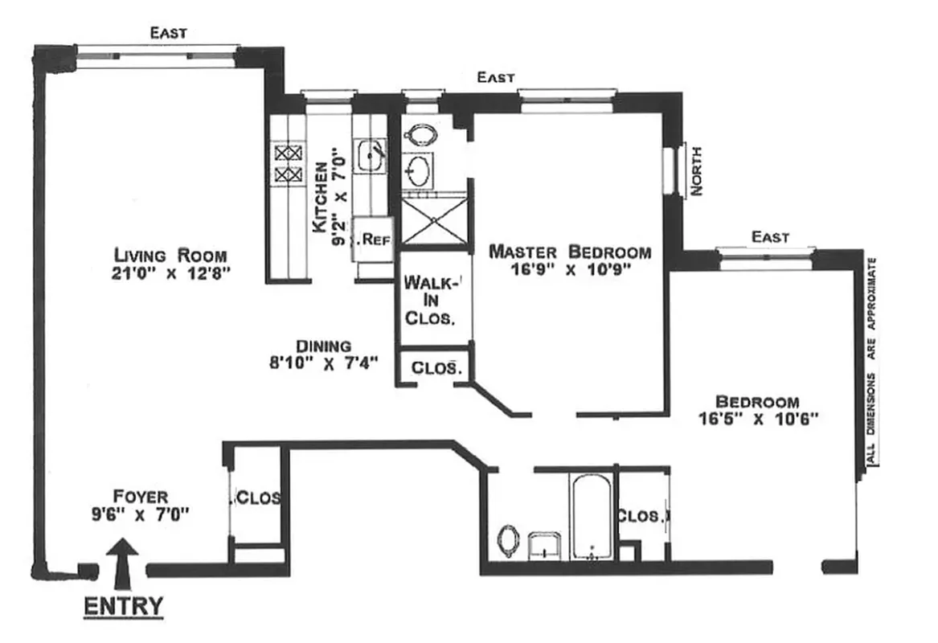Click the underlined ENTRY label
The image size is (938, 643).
(124, 606)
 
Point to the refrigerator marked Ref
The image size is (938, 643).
(372, 239)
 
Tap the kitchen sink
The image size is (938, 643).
(369, 155)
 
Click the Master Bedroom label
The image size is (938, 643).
(570, 252)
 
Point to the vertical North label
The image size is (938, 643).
(696, 170)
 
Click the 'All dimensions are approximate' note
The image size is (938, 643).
(871, 362)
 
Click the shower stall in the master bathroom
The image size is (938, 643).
(433, 219)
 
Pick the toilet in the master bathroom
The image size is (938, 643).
(418, 134)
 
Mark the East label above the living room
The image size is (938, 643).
(169, 33)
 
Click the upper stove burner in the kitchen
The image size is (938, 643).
(285, 151)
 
